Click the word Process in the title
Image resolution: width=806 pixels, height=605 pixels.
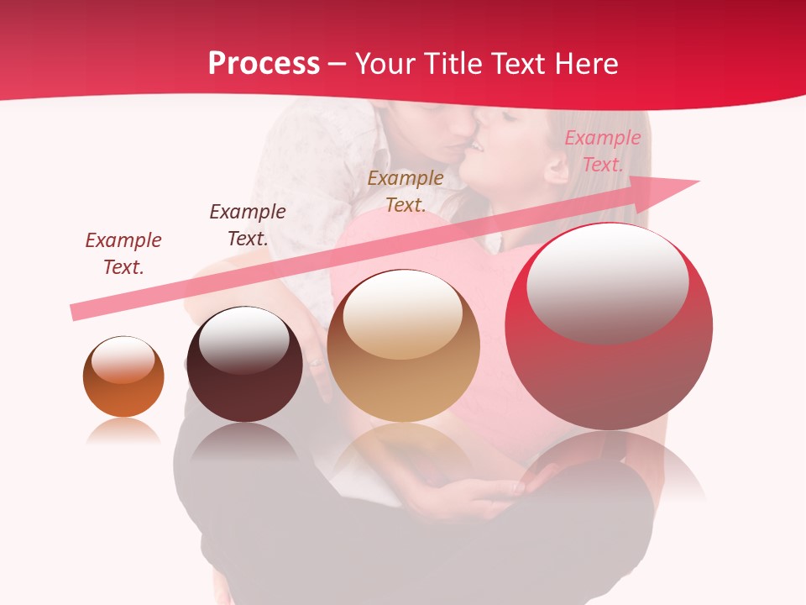click(x=264, y=64)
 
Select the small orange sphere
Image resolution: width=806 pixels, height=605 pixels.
click(x=123, y=377)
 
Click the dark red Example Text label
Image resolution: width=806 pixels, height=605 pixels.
click(x=123, y=254)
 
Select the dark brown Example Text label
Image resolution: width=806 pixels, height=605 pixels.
click(x=247, y=224)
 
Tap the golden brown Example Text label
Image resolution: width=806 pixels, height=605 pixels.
click(x=406, y=191)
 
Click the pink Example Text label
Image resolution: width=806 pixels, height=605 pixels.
click(x=602, y=151)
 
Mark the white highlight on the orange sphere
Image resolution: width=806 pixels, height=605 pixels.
click(x=123, y=360)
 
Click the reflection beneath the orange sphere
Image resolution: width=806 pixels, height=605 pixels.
click(x=123, y=432)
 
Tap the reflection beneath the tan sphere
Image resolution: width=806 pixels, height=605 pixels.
click(x=403, y=450)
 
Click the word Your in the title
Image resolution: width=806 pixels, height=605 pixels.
click(x=386, y=64)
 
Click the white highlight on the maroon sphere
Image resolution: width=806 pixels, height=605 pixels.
click(x=243, y=339)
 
